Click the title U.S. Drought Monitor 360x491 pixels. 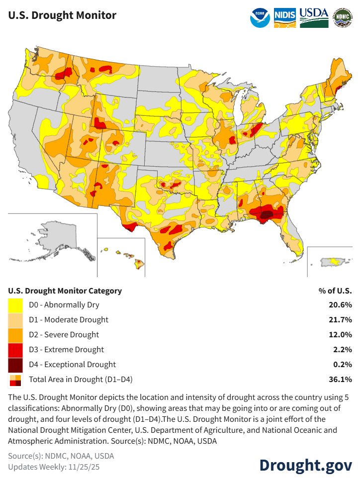tap(62, 15)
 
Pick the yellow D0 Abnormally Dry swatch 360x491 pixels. tap(15, 305)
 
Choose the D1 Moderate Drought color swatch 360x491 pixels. tap(15, 320)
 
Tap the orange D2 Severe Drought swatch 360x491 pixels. tap(15, 335)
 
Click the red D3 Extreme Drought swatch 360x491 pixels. tap(15, 350)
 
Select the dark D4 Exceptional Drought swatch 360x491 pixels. tap(15, 365)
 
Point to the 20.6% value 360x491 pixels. tap(342, 305)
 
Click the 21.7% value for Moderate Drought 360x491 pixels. tap(342, 320)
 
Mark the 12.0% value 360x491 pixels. tap(342, 335)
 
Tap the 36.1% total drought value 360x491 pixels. tap(342, 380)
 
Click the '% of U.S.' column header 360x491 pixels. tap(335, 291)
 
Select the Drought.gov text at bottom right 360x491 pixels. tap(305, 465)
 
